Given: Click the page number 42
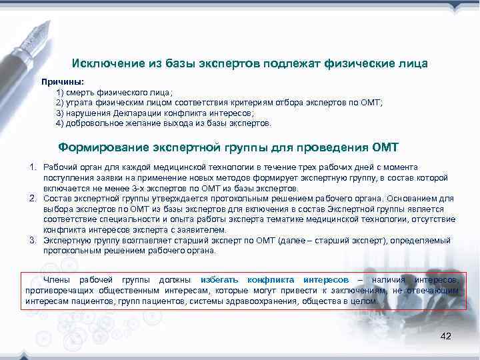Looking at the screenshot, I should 446,336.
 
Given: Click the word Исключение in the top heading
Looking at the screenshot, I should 105,63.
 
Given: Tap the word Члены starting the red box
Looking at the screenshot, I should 55,279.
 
